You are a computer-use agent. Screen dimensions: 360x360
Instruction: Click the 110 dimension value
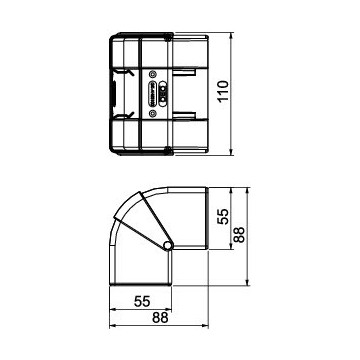click(x=224, y=91)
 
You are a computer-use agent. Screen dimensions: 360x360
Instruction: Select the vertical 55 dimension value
click(x=223, y=217)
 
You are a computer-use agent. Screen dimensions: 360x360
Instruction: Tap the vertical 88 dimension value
click(x=239, y=235)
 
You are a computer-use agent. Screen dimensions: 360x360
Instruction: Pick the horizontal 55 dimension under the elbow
click(x=142, y=301)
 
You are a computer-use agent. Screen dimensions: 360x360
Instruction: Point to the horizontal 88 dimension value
click(x=160, y=318)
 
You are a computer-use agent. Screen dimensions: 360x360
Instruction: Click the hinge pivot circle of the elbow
click(x=168, y=246)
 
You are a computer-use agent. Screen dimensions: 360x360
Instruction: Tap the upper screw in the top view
click(x=152, y=74)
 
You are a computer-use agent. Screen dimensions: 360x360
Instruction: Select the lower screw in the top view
click(x=152, y=114)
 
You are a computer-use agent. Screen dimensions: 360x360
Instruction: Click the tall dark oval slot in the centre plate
click(x=153, y=94)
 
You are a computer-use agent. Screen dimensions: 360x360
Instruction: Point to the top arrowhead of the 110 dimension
click(x=231, y=35)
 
